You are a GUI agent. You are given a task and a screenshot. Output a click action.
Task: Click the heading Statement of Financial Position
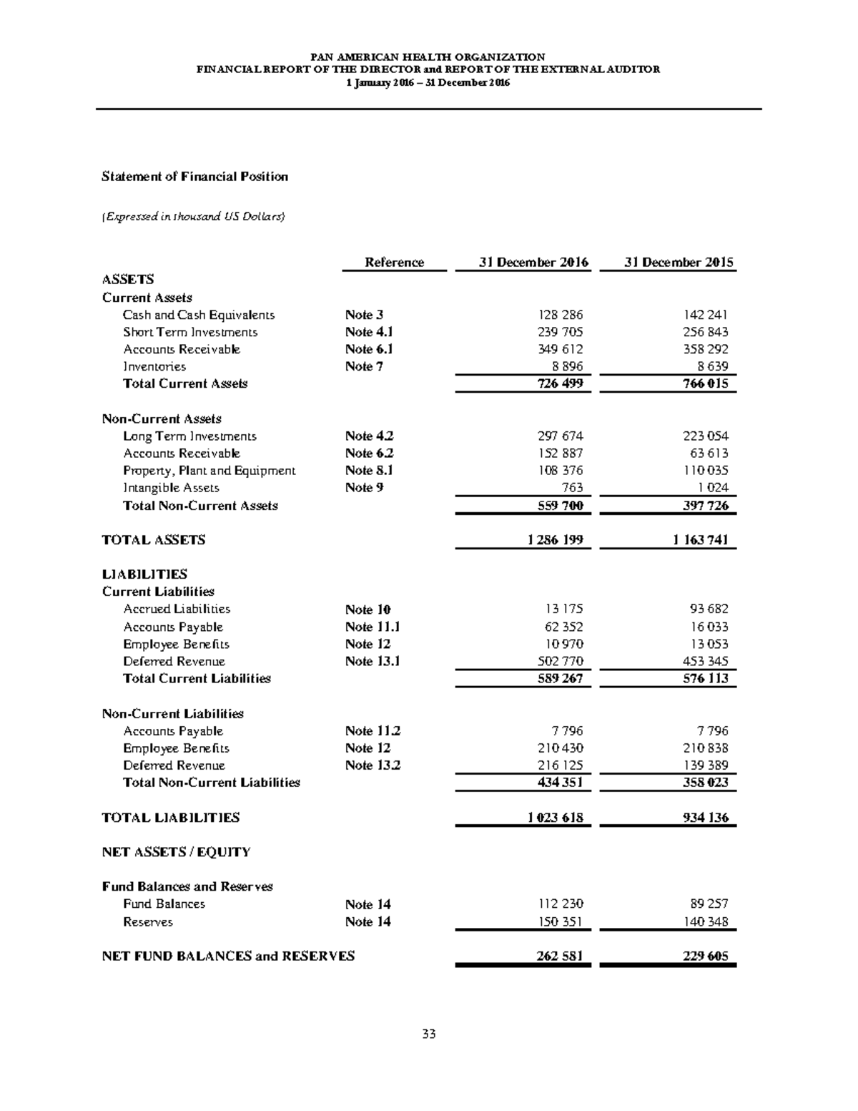(x=194, y=177)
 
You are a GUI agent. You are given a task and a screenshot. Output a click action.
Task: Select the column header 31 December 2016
(x=533, y=263)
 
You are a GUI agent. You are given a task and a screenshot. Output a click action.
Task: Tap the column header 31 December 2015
(x=679, y=263)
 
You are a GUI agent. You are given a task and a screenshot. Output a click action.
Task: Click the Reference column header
(x=394, y=263)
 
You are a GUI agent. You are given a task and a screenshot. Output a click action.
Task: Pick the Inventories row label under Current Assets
(x=154, y=366)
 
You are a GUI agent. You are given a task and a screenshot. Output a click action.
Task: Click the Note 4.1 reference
(x=369, y=332)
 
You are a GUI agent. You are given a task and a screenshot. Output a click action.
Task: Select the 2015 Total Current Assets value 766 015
(x=705, y=383)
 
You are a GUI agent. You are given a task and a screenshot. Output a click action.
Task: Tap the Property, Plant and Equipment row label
(x=209, y=471)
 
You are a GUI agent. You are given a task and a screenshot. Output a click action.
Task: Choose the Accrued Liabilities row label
(x=177, y=609)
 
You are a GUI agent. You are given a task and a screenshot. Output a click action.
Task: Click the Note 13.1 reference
(x=372, y=661)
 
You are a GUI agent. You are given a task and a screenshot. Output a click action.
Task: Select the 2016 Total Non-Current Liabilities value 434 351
(x=560, y=783)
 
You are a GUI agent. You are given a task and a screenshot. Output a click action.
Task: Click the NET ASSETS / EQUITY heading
(x=176, y=852)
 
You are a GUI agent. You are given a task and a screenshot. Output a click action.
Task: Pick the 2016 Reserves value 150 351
(x=560, y=922)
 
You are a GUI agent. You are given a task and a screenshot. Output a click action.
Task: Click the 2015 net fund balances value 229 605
(x=705, y=956)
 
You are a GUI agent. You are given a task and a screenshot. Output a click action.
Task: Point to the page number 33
(x=429, y=1034)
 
